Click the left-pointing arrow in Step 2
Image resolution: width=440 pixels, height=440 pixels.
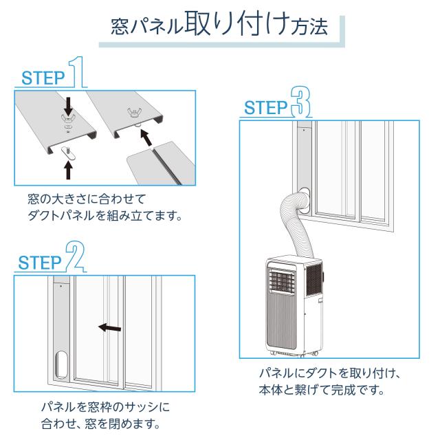(109, 327)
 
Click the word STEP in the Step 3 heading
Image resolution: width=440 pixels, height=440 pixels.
(266, 107)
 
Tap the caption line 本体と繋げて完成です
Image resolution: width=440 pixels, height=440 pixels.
(322, 390)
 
